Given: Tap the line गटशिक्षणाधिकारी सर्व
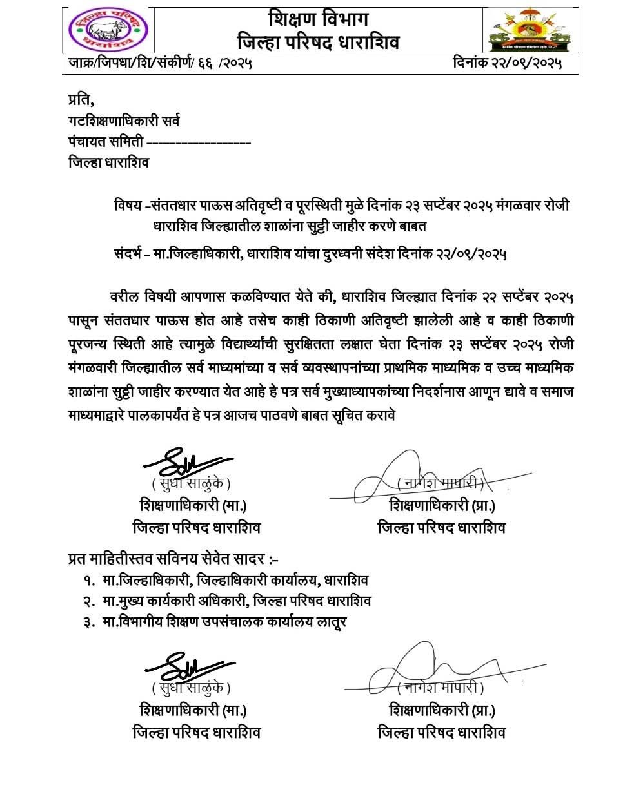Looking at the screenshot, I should [x=124, y=121].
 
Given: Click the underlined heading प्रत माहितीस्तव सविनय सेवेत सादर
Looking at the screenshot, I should [x=173, y=558].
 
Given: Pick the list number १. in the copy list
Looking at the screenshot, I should [x=88, y=580].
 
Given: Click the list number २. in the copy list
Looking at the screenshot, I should [x=88, y=601].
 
